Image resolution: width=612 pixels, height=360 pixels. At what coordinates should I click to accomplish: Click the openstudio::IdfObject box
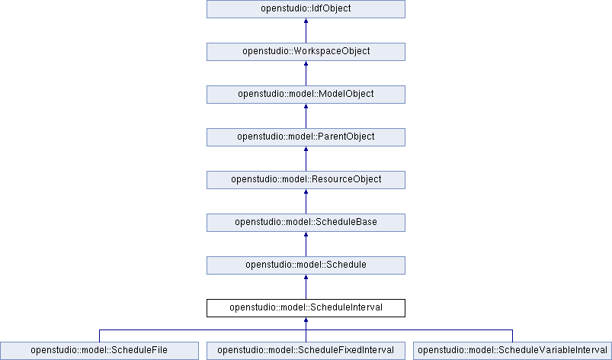(x=306, y=9)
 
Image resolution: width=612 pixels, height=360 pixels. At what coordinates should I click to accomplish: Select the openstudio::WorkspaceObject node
(x=306, y=52)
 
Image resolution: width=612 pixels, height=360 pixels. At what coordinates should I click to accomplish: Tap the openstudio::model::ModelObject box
(x=306, y=95)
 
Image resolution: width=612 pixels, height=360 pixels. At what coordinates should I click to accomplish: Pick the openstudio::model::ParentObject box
(x=306, y=137)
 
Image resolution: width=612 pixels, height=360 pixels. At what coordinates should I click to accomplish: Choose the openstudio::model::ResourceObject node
(x=306, y=179)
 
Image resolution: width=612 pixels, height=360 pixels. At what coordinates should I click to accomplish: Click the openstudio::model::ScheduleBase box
(x=306, y=223)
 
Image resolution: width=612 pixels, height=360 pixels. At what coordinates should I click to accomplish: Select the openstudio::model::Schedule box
(x=306, y=265)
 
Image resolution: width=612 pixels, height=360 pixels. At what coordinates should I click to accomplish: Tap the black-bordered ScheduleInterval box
(x=306, y=308)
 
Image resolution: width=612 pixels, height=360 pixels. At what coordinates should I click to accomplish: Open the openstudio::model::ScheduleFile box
(x=99, y=351)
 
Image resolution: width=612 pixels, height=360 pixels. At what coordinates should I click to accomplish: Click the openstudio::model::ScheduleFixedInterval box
(x=306, y=351)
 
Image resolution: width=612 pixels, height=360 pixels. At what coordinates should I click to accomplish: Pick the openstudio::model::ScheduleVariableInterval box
(x=512, y=351)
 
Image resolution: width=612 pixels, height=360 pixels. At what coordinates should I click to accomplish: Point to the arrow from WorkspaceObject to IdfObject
(x=306, y=31)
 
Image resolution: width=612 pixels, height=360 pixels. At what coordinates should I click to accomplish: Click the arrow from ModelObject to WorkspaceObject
(x=306, y=73)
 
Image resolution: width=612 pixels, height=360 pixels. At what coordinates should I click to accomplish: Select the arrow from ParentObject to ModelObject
(x=306, y=116)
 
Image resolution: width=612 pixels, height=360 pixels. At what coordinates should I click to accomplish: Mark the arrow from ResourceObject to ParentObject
(x=306, y=159)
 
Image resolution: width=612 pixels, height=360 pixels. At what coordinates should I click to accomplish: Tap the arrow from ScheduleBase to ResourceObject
(x=306, y=201)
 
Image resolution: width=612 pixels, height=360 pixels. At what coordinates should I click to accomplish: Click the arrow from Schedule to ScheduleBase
(x=306, y=244)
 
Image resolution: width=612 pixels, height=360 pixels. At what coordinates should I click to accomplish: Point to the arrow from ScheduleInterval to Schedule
(x=306, y=287)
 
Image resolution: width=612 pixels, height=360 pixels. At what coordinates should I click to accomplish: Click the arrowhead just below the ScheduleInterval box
(x=306, y=320)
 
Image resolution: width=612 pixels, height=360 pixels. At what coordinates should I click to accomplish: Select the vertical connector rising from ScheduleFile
(x=99, y=336)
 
